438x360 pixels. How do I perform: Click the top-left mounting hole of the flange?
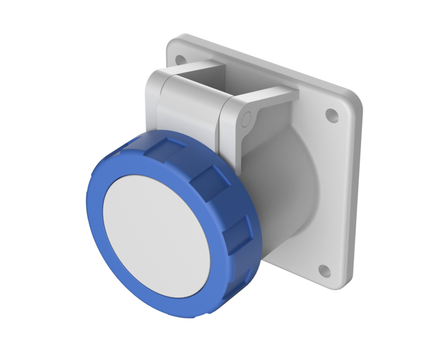point(180,58)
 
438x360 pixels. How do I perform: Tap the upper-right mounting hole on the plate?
point(333,116)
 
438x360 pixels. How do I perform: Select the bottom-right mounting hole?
point(324,271)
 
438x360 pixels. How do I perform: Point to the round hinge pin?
point(245,119)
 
